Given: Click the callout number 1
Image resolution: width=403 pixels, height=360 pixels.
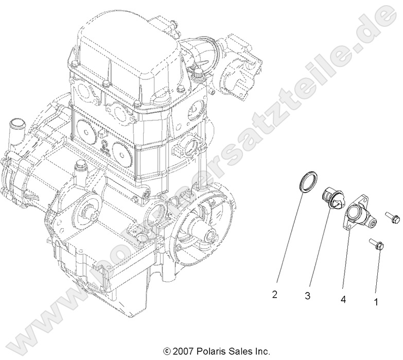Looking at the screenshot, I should pos(376,302).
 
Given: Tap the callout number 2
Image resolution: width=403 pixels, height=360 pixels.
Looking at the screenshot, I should pos(275,295).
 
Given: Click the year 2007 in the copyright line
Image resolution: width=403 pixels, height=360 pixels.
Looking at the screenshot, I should pos(184,351).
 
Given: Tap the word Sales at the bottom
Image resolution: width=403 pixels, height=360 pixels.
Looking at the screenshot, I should pos(239,351).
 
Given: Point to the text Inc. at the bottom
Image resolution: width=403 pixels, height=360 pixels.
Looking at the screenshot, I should pos(261,351).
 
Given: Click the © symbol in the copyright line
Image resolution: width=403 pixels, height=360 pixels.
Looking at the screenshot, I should pos(166,351).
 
